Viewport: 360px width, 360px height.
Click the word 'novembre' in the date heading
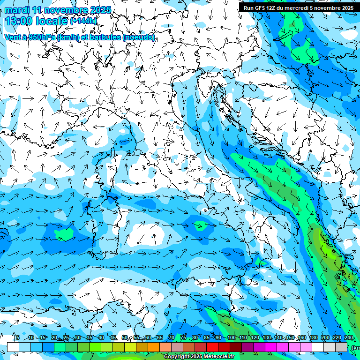click(x=66, y=10)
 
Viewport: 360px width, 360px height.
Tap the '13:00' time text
click(x=18, y=21)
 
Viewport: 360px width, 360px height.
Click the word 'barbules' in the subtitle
click(x=105, y=37)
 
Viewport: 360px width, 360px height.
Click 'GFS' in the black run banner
click(x=260, y=7)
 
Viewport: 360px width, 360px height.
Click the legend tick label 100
click(x=231, y=338)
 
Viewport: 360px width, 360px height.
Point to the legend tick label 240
click(x=348, y=338)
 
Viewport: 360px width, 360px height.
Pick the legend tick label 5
click(x=17, y=338)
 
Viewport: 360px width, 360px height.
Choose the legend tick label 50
click(x=125, y=338)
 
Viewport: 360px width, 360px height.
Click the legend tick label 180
click(x=313, y=338)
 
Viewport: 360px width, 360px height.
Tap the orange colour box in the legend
click(x=142, y=347)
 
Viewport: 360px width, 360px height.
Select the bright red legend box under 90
click(x=212, y=347)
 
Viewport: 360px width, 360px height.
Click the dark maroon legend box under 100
click(x=236, y=347)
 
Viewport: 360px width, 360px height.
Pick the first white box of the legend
click(x=13, y=347)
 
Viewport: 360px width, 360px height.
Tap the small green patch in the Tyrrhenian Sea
click(x=201, y=225)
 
